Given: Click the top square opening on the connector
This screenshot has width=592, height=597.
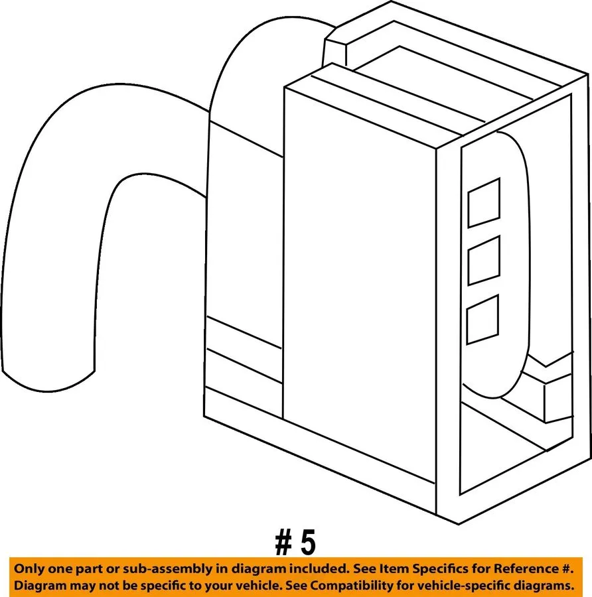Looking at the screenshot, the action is [x=484, y=202].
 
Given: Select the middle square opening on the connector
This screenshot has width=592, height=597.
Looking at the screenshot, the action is [x=484, y=261].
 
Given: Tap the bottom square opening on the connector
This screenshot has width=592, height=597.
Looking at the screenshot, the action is [x=482, y=319].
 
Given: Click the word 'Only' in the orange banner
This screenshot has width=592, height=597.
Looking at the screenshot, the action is [x=29, y=569].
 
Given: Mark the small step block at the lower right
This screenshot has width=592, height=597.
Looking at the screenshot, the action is [x=558, y=398].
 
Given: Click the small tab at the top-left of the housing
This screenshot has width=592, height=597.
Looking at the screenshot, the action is [x=335, y=53].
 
